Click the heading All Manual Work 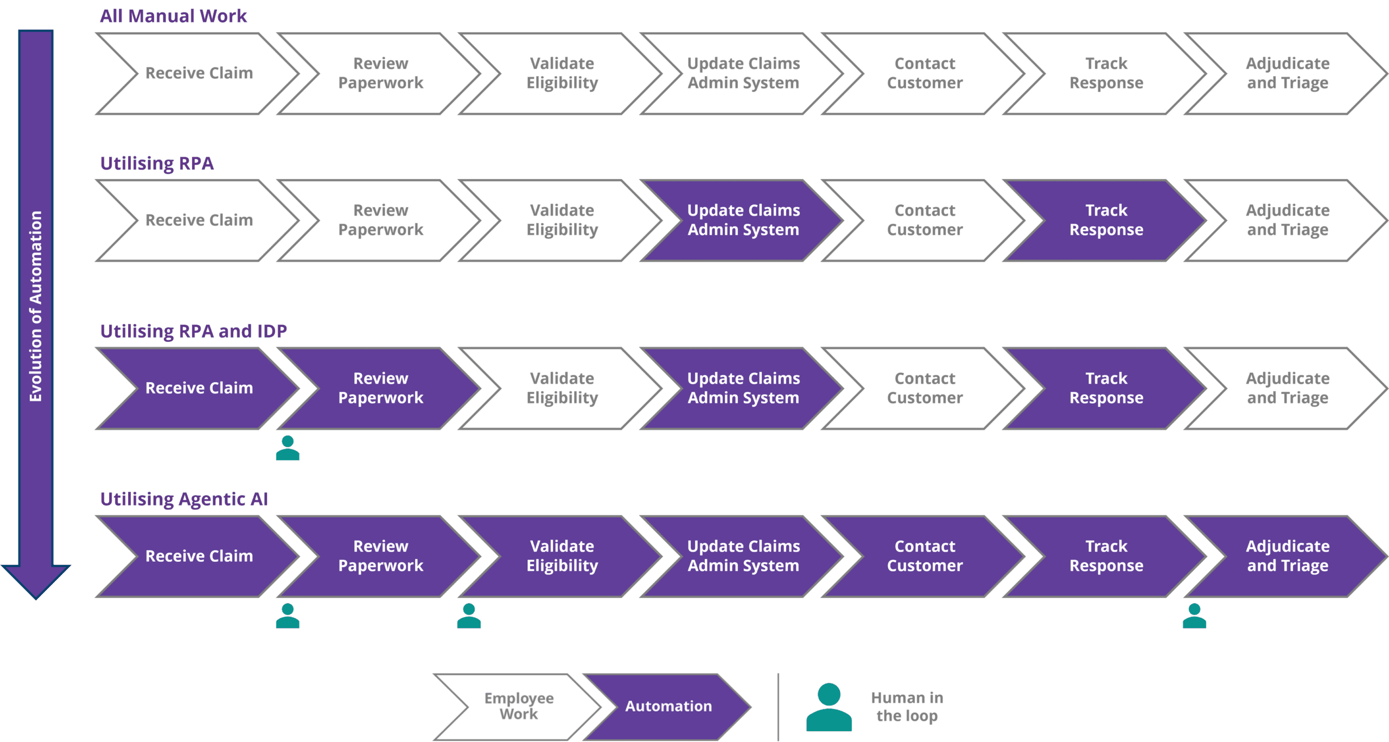(173, 16)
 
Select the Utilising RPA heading (157, 163)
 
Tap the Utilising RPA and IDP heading (193, 331)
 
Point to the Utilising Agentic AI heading (184, 499)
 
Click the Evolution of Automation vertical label (36, 306)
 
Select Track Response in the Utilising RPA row (1106, 220)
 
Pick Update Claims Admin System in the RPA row (743, 220)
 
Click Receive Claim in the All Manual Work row (199, 73)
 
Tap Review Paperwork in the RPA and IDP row (380, 388)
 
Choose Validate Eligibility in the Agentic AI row (562, 556)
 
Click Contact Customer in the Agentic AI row (925, 556)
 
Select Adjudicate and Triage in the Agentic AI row (1287, 556)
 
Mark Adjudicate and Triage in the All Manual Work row (1287, 73)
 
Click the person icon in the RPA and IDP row (287, 449)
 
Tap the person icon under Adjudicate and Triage (1194, 617)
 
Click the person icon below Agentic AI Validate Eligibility (469, 617)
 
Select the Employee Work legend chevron (518, 706)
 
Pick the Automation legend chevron (668, 706)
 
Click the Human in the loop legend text (907, 706)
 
